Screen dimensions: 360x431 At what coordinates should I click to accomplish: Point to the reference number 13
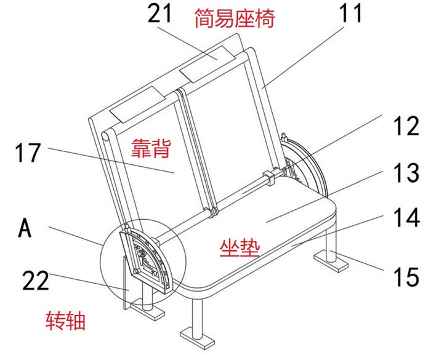pyautogui.click(x=404, y=174)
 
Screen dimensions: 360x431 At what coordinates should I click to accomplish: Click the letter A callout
pyautogui.click(x=25, y=228)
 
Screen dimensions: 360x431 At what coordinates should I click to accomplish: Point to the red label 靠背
pyautogui.click(x=151, y=148)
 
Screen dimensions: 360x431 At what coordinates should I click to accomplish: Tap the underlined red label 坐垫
pyautogui.click(x=240, y=247)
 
